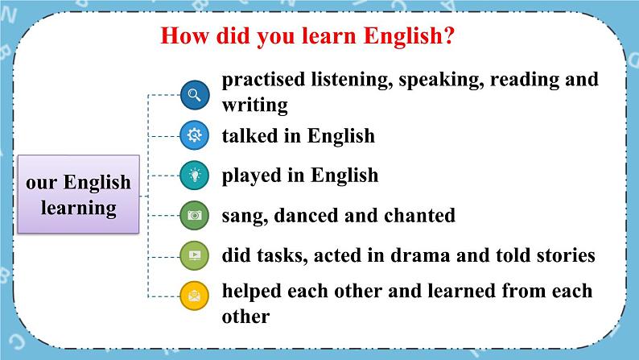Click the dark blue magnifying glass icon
coord(195,95)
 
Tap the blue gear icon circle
coord(195,135)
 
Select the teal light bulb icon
coord(195,176)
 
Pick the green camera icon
coord(195,215)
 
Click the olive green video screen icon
coord(195,255)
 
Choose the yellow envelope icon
coord(195,296)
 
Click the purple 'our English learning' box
coord(78,194)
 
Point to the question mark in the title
coord(449,35)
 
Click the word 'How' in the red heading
coord(184,35)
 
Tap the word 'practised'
coord(263,80)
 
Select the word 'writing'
coord(255,106)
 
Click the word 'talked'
coord(249,135)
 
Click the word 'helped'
coord(252,292)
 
